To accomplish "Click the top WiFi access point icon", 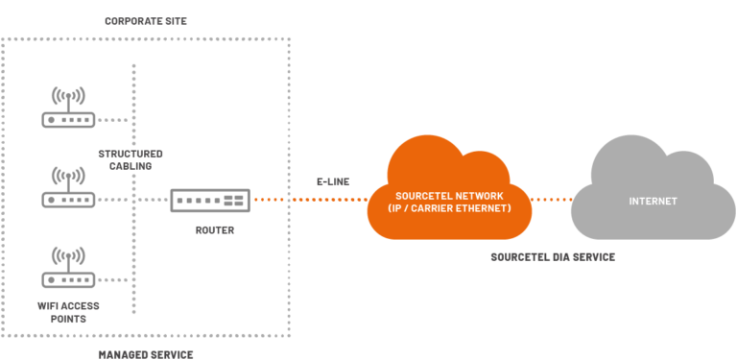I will click(68, 108).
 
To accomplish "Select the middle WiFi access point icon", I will click(68, 188).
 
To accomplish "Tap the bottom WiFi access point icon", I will click(68, 268).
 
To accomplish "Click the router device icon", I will click(210, 201).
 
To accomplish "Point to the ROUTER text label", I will click(214, 230).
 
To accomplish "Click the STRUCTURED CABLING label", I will click(131, 159).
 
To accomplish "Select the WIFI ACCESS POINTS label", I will click(68, 312).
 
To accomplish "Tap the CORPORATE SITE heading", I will click(145, 20).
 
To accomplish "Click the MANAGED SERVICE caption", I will click(146, 354).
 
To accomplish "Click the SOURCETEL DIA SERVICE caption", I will click(552, 257).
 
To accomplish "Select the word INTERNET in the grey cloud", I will click(653, 202).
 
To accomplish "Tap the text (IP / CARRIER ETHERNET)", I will click(449, 208).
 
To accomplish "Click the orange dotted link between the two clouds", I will click(553, 201).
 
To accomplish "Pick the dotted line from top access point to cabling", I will click(113, 121).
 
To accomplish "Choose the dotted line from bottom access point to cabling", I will click(113, 280).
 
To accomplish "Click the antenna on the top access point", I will click(68, 96).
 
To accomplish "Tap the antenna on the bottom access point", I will click(68, 255).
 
